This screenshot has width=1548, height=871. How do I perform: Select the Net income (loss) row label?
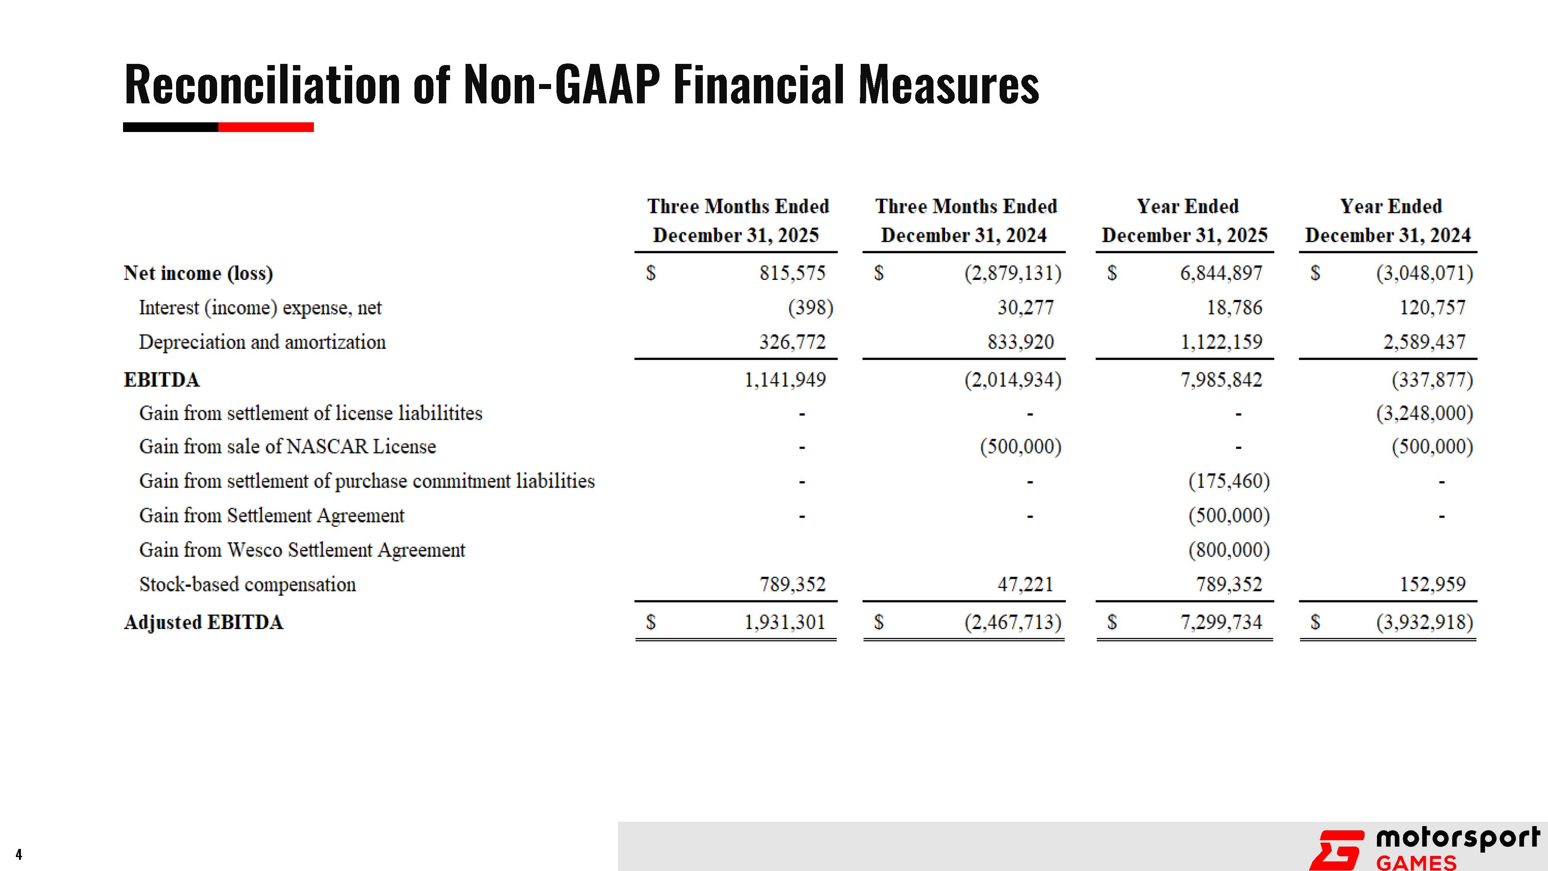coord(198,274)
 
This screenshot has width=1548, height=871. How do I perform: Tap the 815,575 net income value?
coord(792,274)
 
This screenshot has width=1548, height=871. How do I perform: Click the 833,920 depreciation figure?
coord(1021,342)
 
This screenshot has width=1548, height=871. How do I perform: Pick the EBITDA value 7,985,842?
coord(1221,380)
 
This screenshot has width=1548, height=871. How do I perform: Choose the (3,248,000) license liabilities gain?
coord(1424,413)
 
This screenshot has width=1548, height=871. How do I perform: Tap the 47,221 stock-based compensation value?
coord(1025,584)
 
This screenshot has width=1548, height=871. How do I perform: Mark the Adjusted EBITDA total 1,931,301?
coord(785,622)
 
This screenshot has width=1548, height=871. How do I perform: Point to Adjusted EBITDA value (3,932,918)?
coord(1424,622)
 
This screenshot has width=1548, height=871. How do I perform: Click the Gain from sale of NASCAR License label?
coord(287,447)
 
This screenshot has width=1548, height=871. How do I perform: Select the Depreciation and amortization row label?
coord(262,342)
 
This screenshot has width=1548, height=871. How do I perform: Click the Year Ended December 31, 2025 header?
coord(1185,221)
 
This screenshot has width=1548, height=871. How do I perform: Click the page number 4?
coord(19,854)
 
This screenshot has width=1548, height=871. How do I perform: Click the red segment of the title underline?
coord(265,127)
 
